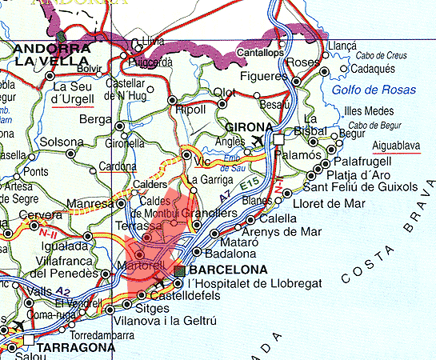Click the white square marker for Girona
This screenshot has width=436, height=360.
tap(279, 139)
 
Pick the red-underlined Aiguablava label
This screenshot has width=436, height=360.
tap(398, 146)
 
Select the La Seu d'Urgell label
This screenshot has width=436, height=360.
tap(73, 94)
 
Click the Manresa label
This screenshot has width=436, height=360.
tap(90, 205)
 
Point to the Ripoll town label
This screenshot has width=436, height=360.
tap(190, 109)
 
